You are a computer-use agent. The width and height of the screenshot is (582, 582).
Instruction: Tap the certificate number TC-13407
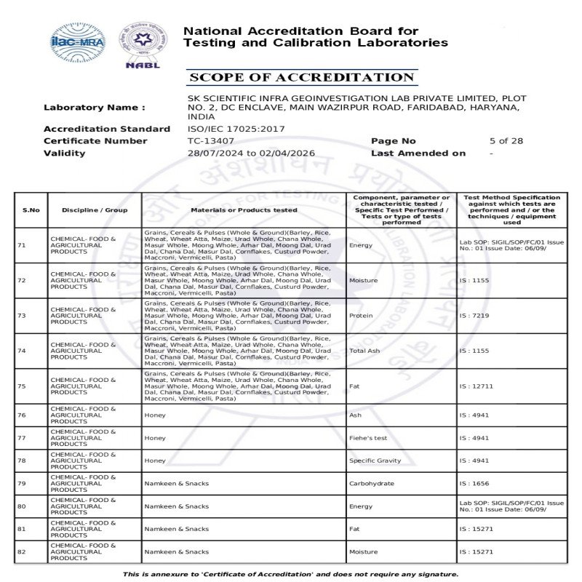211,141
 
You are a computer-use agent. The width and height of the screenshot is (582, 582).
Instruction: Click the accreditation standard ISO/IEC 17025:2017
236,129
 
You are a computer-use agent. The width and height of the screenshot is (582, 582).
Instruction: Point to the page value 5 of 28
506,141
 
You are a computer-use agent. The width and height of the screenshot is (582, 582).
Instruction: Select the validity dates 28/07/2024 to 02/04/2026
251,154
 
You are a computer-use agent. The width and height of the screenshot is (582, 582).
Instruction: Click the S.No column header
31,210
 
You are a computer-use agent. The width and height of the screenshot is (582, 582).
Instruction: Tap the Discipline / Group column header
95,210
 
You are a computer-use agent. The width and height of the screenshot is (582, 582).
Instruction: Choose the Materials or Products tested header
244,210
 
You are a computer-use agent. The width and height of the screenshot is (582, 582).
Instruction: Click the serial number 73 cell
22,316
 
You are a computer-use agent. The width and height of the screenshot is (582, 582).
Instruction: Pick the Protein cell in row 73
361,316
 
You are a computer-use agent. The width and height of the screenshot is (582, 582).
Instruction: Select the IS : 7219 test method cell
474,316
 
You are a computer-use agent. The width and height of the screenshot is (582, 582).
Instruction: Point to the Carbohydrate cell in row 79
372,483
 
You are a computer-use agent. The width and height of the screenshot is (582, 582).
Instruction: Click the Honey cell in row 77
155,438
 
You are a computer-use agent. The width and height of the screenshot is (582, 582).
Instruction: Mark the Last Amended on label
418,154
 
